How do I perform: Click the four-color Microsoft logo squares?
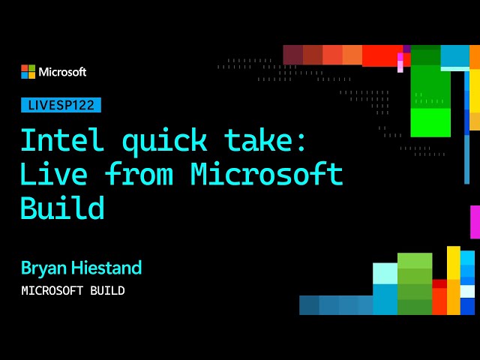(x=28, y=72)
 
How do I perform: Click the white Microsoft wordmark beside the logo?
(x=62, y=72)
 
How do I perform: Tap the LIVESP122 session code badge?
(x=61, y=105)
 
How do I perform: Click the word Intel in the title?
(x=62, y=139)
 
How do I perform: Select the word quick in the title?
(x=165, y=142)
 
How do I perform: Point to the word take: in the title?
(x=265, y=139)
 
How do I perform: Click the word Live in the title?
(x=54, y=173)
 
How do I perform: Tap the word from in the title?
(x=139, y=173)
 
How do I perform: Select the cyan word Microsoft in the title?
(x=267, y=173)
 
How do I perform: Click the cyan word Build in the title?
(x=62, y=208)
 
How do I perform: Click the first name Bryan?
(x=43, y=268)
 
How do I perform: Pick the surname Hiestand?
(x=106, y=268)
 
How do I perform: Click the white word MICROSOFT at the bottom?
(x=52, y=290)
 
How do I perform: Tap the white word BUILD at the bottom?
(x=107, y=290)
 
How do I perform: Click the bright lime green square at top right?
(x=430, y=122)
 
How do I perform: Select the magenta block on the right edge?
(x=475, y=222)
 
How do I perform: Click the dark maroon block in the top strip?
(x=293, y=55)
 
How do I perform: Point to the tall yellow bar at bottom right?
(x=453, y=280)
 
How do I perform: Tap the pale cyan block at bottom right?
(x=385, y=274)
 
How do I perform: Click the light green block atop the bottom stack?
(x=415, y=260)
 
